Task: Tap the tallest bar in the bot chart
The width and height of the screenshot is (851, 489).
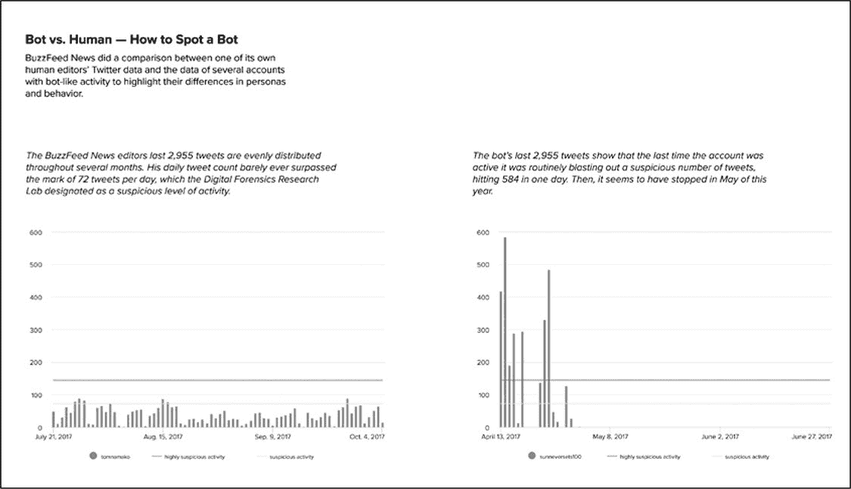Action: point(505,333)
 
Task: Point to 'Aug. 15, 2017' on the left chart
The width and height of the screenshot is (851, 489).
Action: point(163,437)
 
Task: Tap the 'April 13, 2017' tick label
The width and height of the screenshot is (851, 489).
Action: point(501,437)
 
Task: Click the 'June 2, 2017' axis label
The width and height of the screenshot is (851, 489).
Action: point(720,437)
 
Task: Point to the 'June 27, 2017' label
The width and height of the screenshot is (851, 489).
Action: point(812,437)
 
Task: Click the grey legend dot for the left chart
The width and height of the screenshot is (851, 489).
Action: point(93,457)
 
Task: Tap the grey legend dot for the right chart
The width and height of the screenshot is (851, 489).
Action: point(532,457)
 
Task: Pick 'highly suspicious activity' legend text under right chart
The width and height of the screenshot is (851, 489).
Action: point(650,457)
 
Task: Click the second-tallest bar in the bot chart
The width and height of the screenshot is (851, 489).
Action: point(548,348)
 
